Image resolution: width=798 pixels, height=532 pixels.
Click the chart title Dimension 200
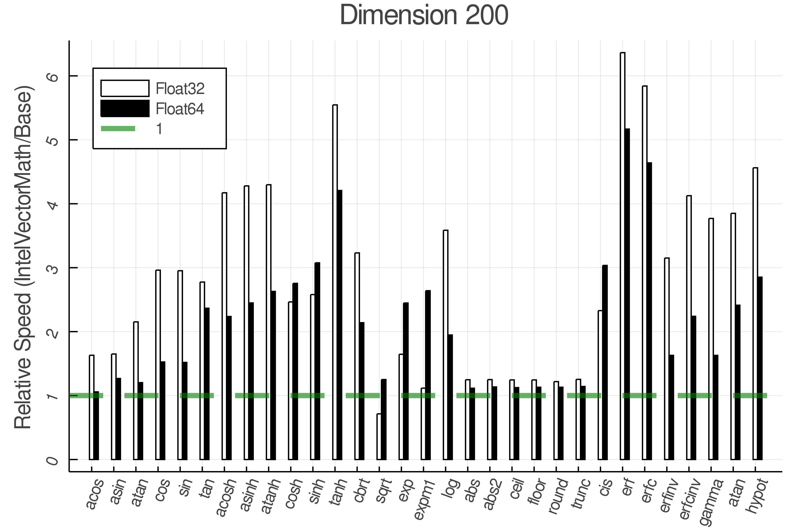[x=424, y=15]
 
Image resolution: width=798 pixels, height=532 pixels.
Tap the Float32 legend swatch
[x=125, y=88]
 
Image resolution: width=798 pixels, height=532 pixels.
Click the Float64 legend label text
[x=180, y=109]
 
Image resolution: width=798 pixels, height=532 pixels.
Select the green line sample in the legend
[x=118, y=129]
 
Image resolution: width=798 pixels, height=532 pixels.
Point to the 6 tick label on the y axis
[x=53, y=76]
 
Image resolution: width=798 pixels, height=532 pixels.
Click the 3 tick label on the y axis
[x=53, y=268]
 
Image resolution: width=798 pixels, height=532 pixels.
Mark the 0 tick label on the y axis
[x=53, y=460]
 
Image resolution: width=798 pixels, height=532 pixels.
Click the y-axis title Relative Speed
[x=23, y=258]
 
